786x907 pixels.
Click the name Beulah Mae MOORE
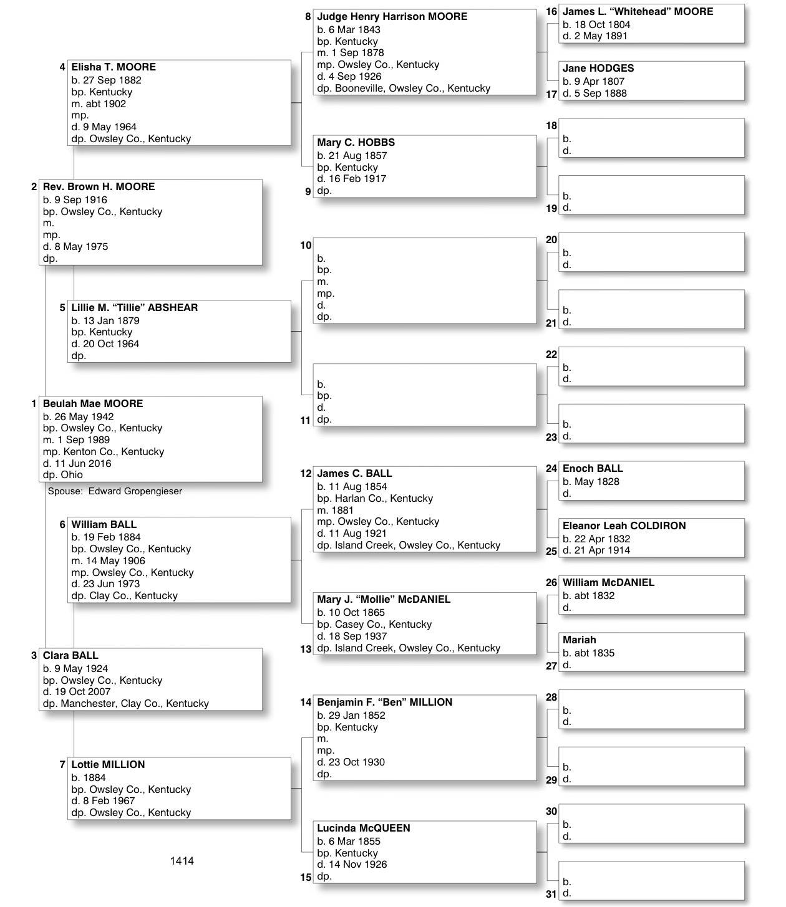(93, 404)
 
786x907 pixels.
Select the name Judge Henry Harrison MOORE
(392, 17)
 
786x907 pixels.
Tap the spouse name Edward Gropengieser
(135, 491)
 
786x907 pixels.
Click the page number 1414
(182, 861)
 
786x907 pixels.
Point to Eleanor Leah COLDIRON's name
(624, 526)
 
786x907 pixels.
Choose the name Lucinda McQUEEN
(363, 828)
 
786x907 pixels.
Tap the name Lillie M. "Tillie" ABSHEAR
(134, 308)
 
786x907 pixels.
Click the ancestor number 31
(551, 894)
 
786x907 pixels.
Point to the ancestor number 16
(551, 12)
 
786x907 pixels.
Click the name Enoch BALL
(593, 469)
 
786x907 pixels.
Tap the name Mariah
(579, 640)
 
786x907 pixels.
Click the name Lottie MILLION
(108, 765)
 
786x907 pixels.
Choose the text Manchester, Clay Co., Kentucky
(134, 704)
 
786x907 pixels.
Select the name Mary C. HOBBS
(356, 143)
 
